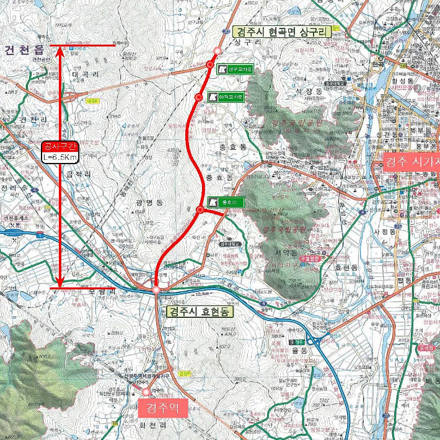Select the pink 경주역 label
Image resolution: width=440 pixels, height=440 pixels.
[161, 408]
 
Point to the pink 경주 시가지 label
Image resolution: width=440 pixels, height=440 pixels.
[411, 163]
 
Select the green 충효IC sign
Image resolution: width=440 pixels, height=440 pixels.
[227, 202]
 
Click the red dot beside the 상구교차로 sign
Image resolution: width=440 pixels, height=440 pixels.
[210, 65]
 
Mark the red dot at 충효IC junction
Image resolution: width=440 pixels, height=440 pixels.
[200, 210]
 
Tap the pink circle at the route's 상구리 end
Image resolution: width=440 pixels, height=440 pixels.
[217, 51]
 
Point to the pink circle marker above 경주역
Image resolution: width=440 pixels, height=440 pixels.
[147, 392]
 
